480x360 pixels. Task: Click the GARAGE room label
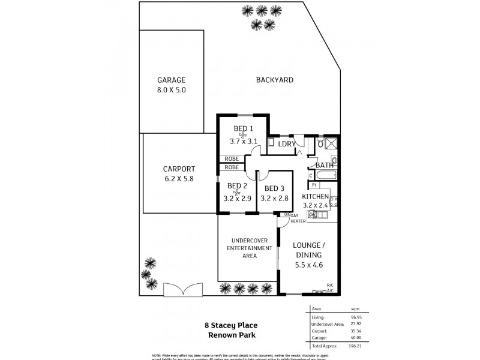[171, 80]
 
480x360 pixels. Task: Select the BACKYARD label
[274, 80]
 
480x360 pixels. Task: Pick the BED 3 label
[274, 186]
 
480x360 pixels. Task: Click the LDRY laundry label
[287, 144]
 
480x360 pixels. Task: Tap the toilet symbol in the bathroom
[334, 160]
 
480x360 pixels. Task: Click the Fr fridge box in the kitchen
[314, 187]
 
